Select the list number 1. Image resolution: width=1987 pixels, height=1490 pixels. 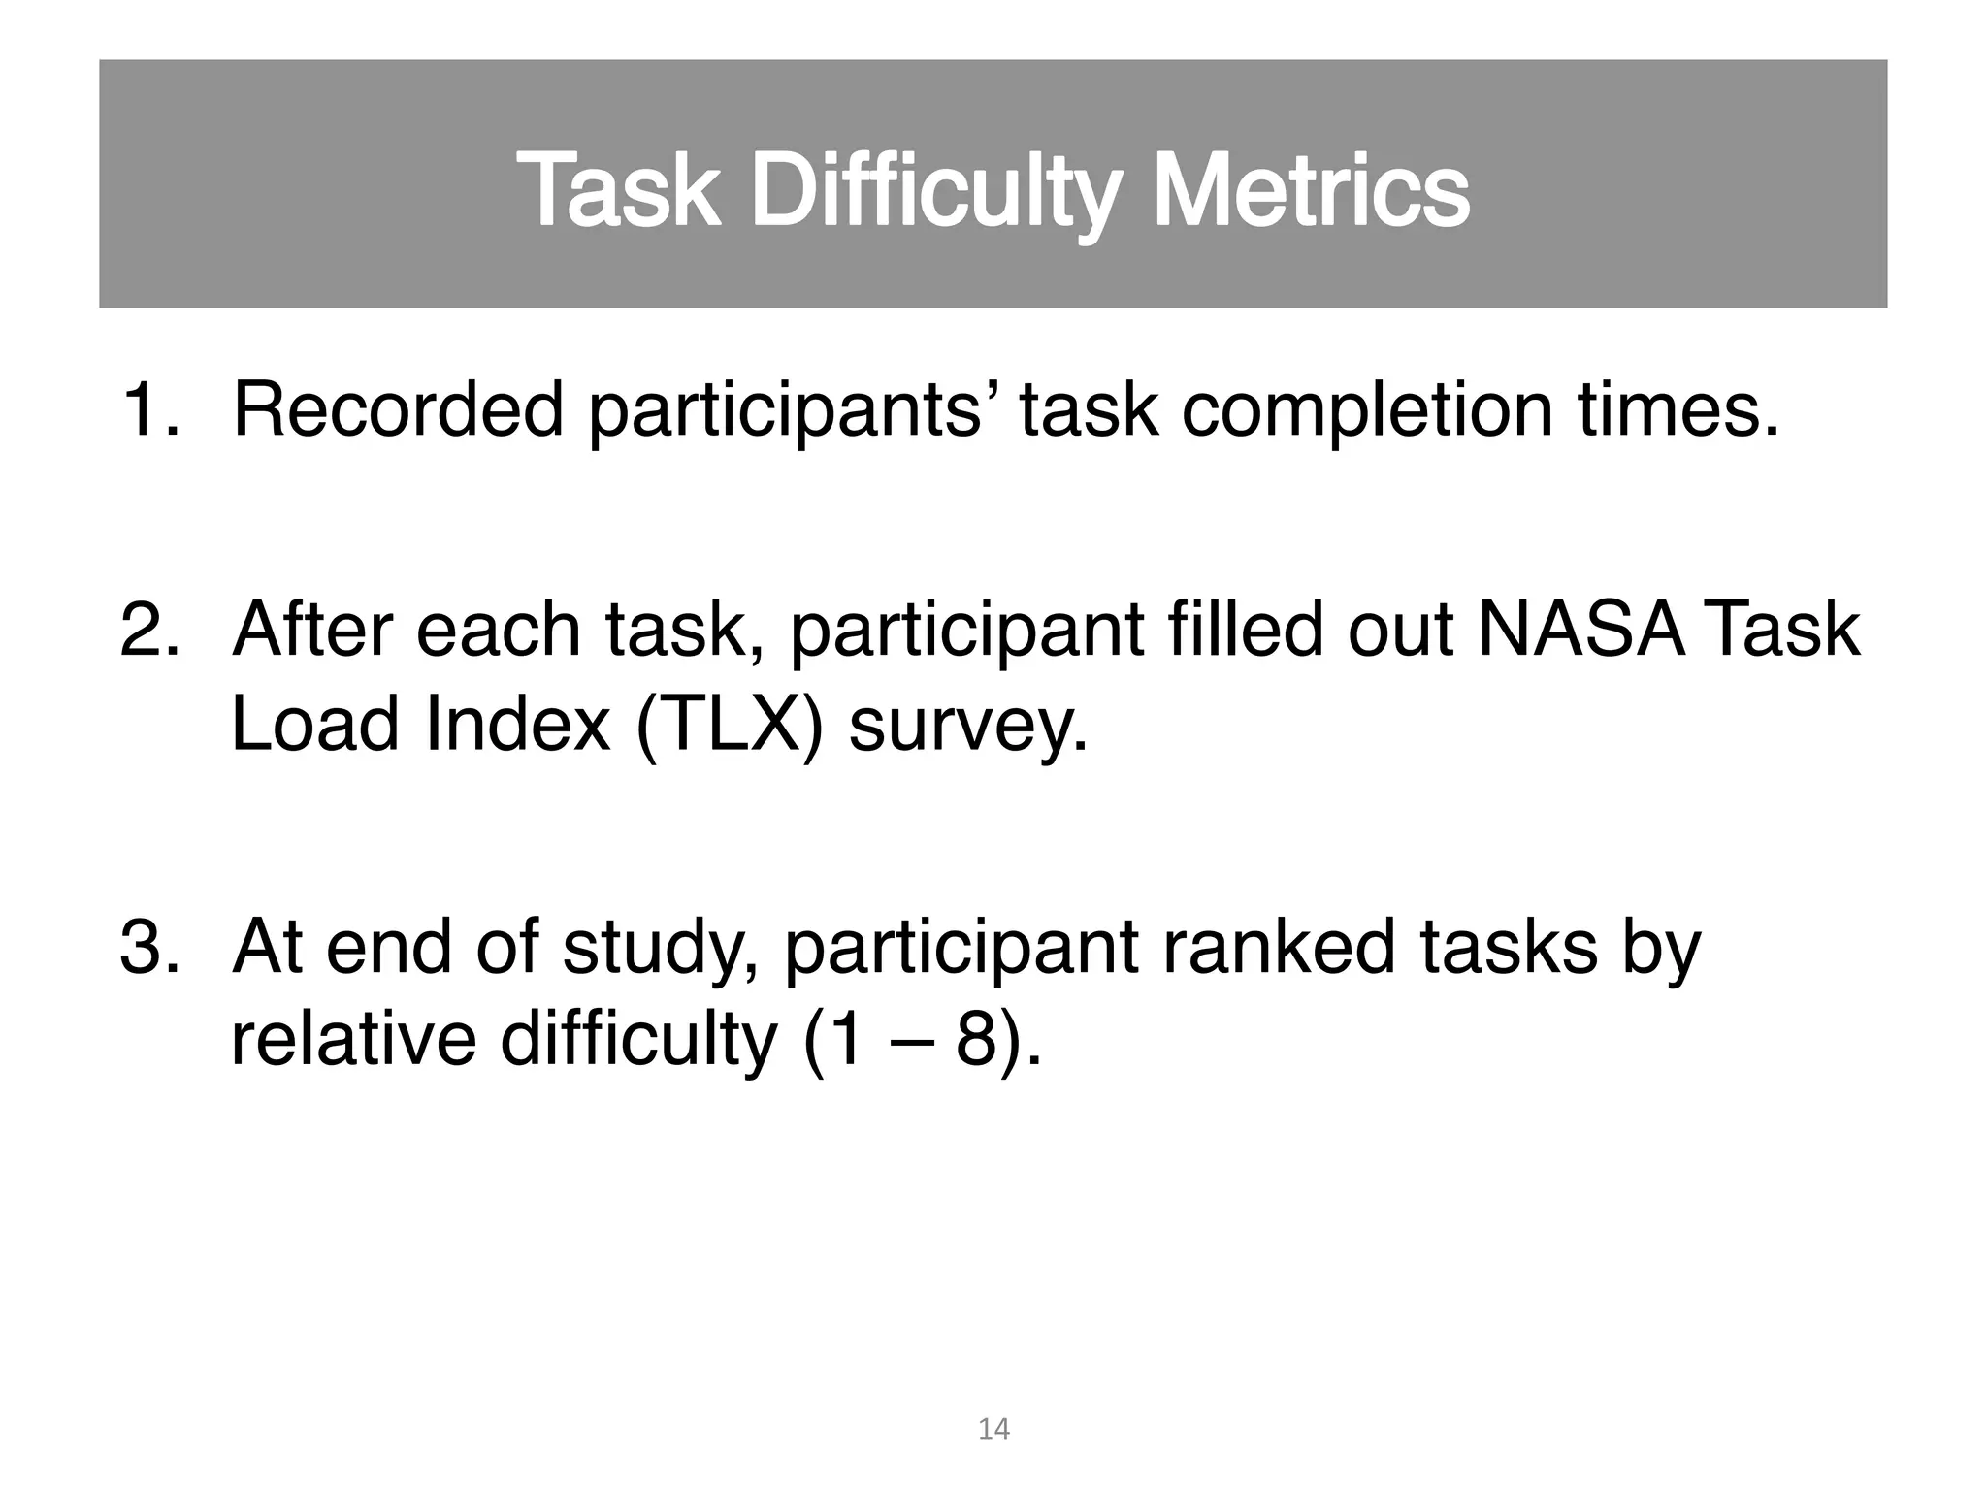pos(147,410)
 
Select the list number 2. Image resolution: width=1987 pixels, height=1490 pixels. pos(148,631)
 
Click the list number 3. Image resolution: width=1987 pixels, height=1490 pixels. pos(148,947)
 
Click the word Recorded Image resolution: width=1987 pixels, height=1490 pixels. pos(398,410)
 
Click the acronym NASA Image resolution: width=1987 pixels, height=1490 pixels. pos(1581,631)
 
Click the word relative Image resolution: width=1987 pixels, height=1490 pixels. pos(353,1040)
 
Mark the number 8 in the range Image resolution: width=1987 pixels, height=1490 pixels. pos(976,1040)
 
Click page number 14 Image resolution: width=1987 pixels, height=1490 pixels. pos(993,1429)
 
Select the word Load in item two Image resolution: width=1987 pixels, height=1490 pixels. pos(315,725)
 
